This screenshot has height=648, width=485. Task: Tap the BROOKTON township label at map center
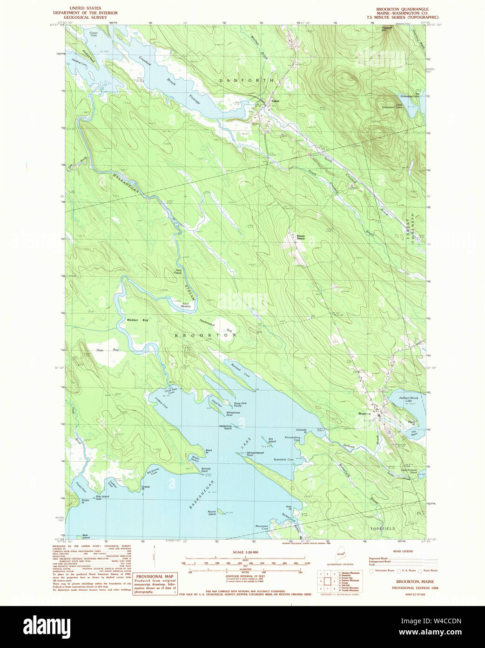205,335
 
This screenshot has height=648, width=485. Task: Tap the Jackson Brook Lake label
409,399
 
